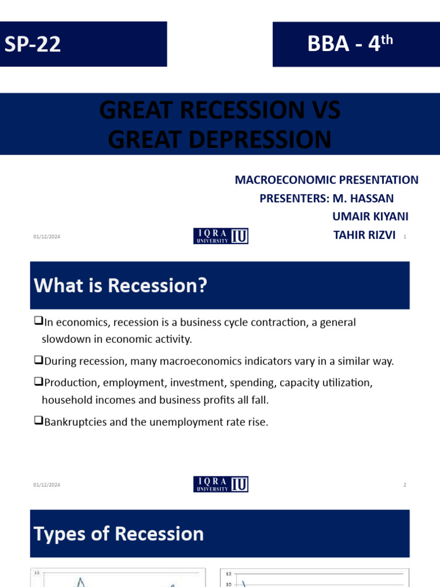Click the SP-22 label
(33, 44)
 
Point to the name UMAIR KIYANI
(370, 216)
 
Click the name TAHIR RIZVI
(364, 235)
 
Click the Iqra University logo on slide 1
(221, 236)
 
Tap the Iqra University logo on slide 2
(221, 484)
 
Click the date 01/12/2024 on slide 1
(46, 237)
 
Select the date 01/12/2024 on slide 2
(46, 485)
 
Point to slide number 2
(404, 485)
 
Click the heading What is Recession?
(120, 285)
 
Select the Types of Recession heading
(119, 534)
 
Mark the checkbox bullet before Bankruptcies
(38, 421)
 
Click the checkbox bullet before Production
(38, 382)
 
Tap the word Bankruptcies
(74, 422)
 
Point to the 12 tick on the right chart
(228, 573)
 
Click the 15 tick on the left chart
(37, 573)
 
